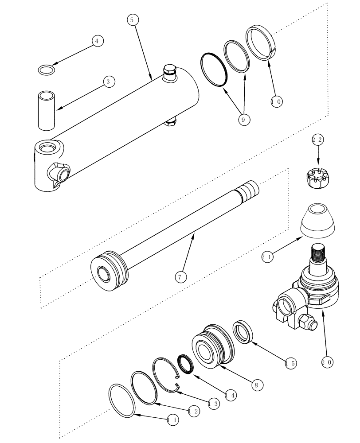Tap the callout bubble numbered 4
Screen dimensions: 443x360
pos(98,40)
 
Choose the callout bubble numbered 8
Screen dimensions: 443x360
pos(255,385)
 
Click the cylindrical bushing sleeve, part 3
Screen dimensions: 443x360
pos(47,111)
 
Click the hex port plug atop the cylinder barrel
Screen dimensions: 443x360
pos(170,73)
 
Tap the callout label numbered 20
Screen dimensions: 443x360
pos(327,362)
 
